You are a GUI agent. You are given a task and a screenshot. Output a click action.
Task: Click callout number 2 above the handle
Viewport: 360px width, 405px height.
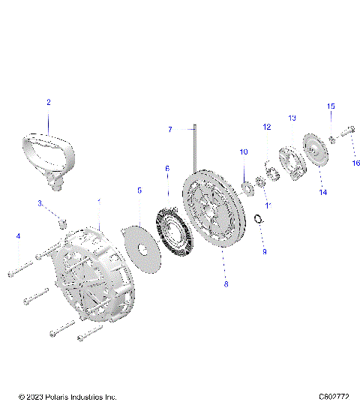pos(49,101)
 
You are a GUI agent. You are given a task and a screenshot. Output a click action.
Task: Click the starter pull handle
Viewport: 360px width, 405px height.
pos(49,154)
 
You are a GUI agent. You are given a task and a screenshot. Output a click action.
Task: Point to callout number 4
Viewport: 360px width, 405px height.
pos(19,236)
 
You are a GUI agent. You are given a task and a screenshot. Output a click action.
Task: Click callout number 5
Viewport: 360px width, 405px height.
pos(139,191)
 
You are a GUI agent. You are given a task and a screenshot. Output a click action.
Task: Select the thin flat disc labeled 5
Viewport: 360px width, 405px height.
pos(142,248)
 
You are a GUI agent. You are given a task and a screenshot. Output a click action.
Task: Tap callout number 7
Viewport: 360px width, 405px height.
pos(170,130)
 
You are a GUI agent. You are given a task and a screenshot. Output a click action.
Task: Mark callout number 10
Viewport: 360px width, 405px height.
pos(243,152)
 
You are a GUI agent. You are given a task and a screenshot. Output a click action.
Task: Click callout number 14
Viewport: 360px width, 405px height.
pos(323,192)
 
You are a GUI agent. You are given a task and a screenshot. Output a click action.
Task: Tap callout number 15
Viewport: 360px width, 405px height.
pos(330,106)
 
